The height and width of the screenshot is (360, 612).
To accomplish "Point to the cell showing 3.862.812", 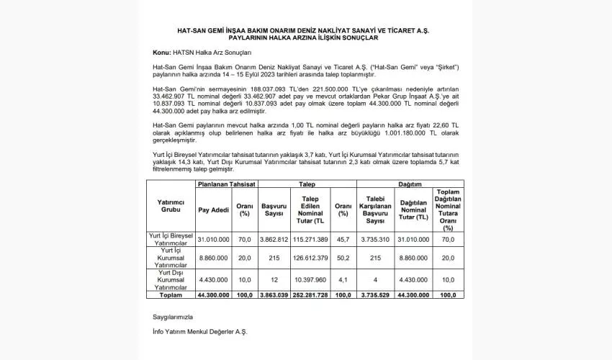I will point(274,239).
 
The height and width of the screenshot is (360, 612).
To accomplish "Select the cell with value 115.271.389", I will point(311,239).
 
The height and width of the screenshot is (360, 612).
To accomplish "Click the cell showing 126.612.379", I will point(311,257).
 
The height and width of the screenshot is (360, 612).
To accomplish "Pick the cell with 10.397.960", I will point(311,279).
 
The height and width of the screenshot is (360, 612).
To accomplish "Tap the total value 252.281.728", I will point(311,294).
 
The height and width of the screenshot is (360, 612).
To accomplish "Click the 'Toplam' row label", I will point(171,294).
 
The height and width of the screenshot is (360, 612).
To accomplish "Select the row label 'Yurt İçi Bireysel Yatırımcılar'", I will point(171,239).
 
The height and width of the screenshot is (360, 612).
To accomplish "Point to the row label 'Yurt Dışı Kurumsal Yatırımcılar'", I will point(171,279).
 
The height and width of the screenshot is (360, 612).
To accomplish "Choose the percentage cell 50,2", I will point(343,257).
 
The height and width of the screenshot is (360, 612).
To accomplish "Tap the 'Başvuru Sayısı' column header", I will point(274,210).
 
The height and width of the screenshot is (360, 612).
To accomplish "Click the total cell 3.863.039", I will point(274,294).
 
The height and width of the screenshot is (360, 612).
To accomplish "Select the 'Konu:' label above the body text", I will point(161,53).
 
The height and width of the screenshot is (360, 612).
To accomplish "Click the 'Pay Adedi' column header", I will point(213,210).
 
